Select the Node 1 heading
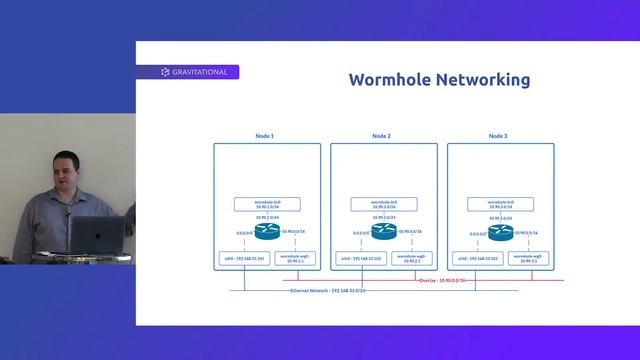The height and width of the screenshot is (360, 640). pyautogui.click(x=266, y=135)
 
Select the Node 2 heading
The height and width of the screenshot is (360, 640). pyautogui.click(x=382, y=135)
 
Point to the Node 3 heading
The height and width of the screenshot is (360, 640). pyautogui.click(x=498, y=135)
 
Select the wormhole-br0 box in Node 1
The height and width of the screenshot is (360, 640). pyautogui.click(x=267, y=204)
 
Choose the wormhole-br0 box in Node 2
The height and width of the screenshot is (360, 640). pyautogui.click(x=383, y=204)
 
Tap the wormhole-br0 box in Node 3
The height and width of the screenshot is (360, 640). pyautogui.click(x=499, y=204)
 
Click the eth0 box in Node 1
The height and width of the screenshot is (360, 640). pyautogui.click(x=244, y=259)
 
